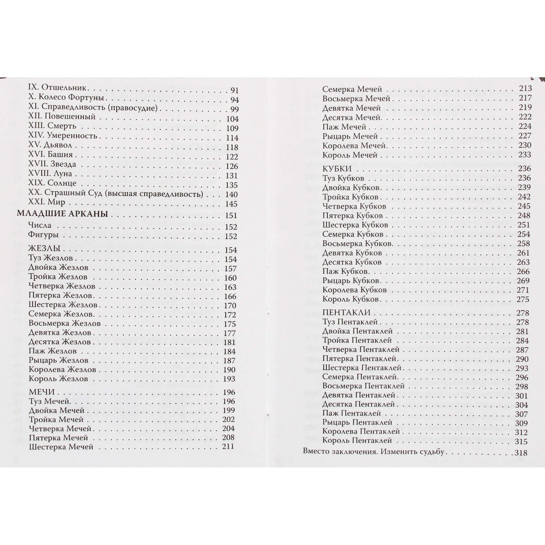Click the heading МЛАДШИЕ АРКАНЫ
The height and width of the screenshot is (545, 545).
click(x=63, y=214)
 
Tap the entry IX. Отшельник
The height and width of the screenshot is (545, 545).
click(x=58, y=89)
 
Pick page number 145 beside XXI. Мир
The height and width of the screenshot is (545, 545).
click(x=231, y=204)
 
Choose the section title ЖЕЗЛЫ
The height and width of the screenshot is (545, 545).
click(x=45, y=249)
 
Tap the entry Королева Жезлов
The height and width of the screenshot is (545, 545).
click(x=62, y=369)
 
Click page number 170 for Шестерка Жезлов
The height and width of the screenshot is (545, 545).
click(x=230, y=306)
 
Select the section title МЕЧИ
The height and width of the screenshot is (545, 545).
click(x=41, y=391)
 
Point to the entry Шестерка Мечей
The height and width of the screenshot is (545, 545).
click(x=61, y=447)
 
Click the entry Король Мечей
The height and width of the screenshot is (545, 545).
click(x=350, y=155)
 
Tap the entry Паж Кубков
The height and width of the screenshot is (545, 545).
click(x=345, y=271)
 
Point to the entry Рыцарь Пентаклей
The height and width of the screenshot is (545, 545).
click(x=357, y=422)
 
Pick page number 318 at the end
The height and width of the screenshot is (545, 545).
click(x=521, y=453)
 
